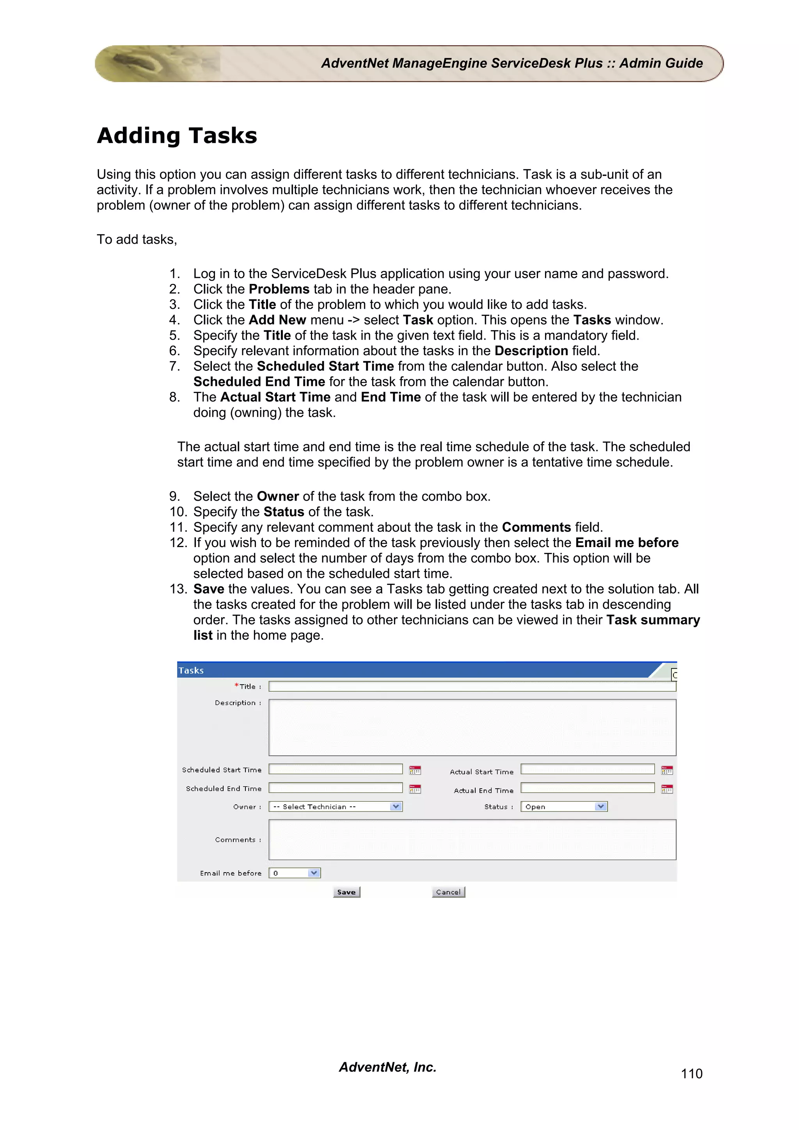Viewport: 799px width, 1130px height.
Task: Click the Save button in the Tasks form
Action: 346,892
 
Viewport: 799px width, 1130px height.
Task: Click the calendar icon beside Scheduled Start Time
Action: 415,770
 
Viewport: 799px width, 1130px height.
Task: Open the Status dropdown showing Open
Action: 564,807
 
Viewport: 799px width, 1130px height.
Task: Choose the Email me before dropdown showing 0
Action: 295,873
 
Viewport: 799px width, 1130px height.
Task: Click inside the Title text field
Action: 472,687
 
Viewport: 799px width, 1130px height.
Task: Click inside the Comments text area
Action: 472,840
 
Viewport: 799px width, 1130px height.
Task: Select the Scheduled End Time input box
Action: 336,788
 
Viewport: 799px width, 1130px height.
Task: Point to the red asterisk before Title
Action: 237,685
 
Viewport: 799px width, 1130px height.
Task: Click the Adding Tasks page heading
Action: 177,135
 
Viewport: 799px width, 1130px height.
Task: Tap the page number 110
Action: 691,1073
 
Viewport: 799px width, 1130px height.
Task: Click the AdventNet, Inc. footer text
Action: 387,1067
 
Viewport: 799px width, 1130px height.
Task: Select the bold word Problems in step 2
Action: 279,289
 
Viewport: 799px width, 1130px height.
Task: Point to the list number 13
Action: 178,589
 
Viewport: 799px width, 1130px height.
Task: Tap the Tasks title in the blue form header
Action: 191,670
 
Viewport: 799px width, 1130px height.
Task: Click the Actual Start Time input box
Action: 587,769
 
